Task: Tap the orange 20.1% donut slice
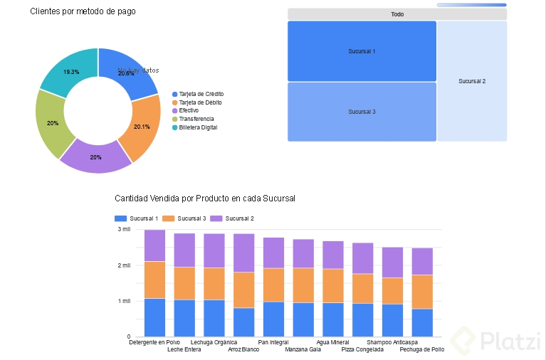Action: click(x=142, y=127)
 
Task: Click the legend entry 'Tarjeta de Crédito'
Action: click(x=201, y=94)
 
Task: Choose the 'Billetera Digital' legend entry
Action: click(x=197, y=127)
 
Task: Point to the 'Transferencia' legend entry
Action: click(x=196, y=119)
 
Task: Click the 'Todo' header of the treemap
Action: click(x=397, y=14)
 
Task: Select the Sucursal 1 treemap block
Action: click(x=362, y=51)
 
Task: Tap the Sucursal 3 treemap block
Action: click(x=362, y=112)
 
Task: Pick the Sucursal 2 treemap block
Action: click(x=472, y=81)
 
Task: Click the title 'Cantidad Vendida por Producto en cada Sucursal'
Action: click(x=205, y=198)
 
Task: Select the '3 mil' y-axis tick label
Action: click(x=123, y=230)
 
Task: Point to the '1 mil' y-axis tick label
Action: click(x=123, y=301)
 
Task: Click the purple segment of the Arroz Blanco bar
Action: click(x=243, y=253)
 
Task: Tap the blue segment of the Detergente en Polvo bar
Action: click(x=154, y=317)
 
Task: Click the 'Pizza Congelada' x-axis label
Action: click(x=362, y=350)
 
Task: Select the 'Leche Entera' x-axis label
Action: click(x=184, y=350)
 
